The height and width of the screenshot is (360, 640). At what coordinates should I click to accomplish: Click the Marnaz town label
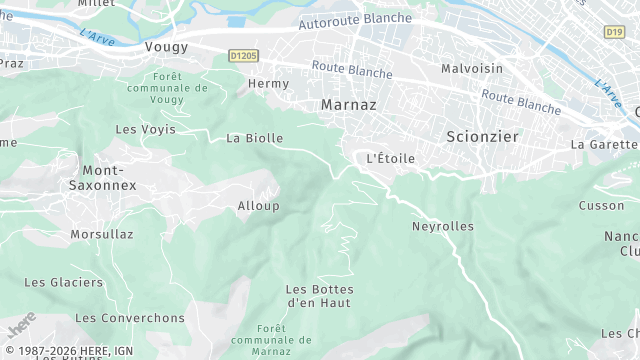[x=347, y=104]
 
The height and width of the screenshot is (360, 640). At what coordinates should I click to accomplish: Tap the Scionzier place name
[x=482, y=136]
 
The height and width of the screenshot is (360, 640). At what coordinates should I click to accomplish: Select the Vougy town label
[x=166, y=47]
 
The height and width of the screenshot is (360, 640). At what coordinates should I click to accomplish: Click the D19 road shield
[x=614, y=32]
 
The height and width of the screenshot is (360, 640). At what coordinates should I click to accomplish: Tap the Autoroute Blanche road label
[x=355, y=20]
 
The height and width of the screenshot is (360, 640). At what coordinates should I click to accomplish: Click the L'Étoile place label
[x=390, y=158]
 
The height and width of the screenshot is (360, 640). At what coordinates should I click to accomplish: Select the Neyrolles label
[x=443, y=226]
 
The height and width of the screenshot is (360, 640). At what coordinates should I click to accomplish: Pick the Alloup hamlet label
[x=258, y=206]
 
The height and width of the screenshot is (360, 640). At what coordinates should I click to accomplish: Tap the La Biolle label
[x=255, y=138]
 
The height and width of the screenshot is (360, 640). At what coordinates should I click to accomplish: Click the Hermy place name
[x=268, y=84]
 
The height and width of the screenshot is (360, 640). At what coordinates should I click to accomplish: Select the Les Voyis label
[x=145, y=129]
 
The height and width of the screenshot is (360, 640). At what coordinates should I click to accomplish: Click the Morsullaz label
[x=102, y=234]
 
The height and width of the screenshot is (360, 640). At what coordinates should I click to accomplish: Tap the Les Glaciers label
[x=63, y=282]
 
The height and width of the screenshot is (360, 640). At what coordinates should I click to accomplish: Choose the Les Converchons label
[x=130, y=318]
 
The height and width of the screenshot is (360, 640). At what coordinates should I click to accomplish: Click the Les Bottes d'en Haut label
[x=319, y=295]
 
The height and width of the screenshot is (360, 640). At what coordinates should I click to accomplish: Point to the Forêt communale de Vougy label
[x=181, y=88]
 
